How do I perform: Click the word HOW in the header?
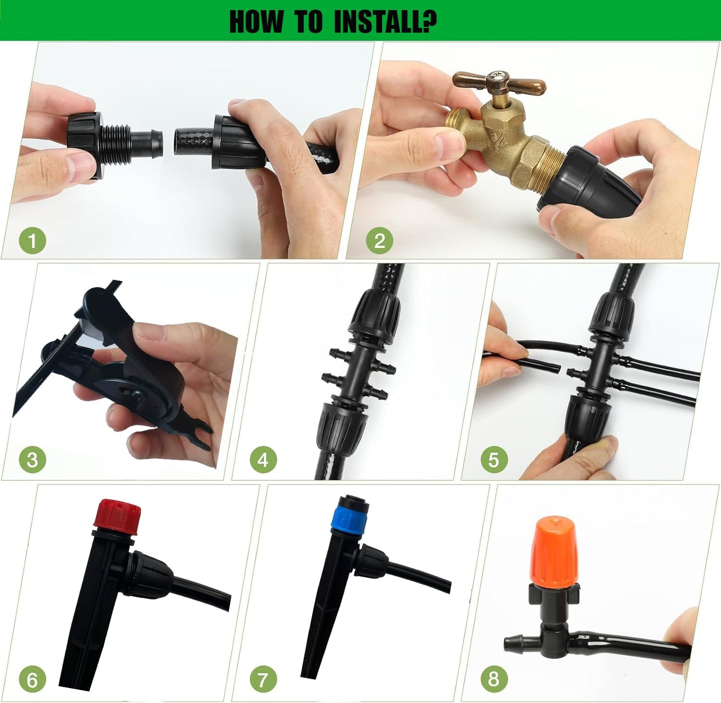[256, 21]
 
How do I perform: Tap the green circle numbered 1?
[32, 241]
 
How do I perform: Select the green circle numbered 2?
[379, 241]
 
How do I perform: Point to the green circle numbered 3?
[32, 460]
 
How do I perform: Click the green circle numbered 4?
[263, 460]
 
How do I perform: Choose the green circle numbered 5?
[494, 460]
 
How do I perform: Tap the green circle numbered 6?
[32, 680]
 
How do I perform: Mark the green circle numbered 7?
[263, 680]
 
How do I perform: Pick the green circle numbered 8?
[494, 679]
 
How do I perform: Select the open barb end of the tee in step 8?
[510, 642]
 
